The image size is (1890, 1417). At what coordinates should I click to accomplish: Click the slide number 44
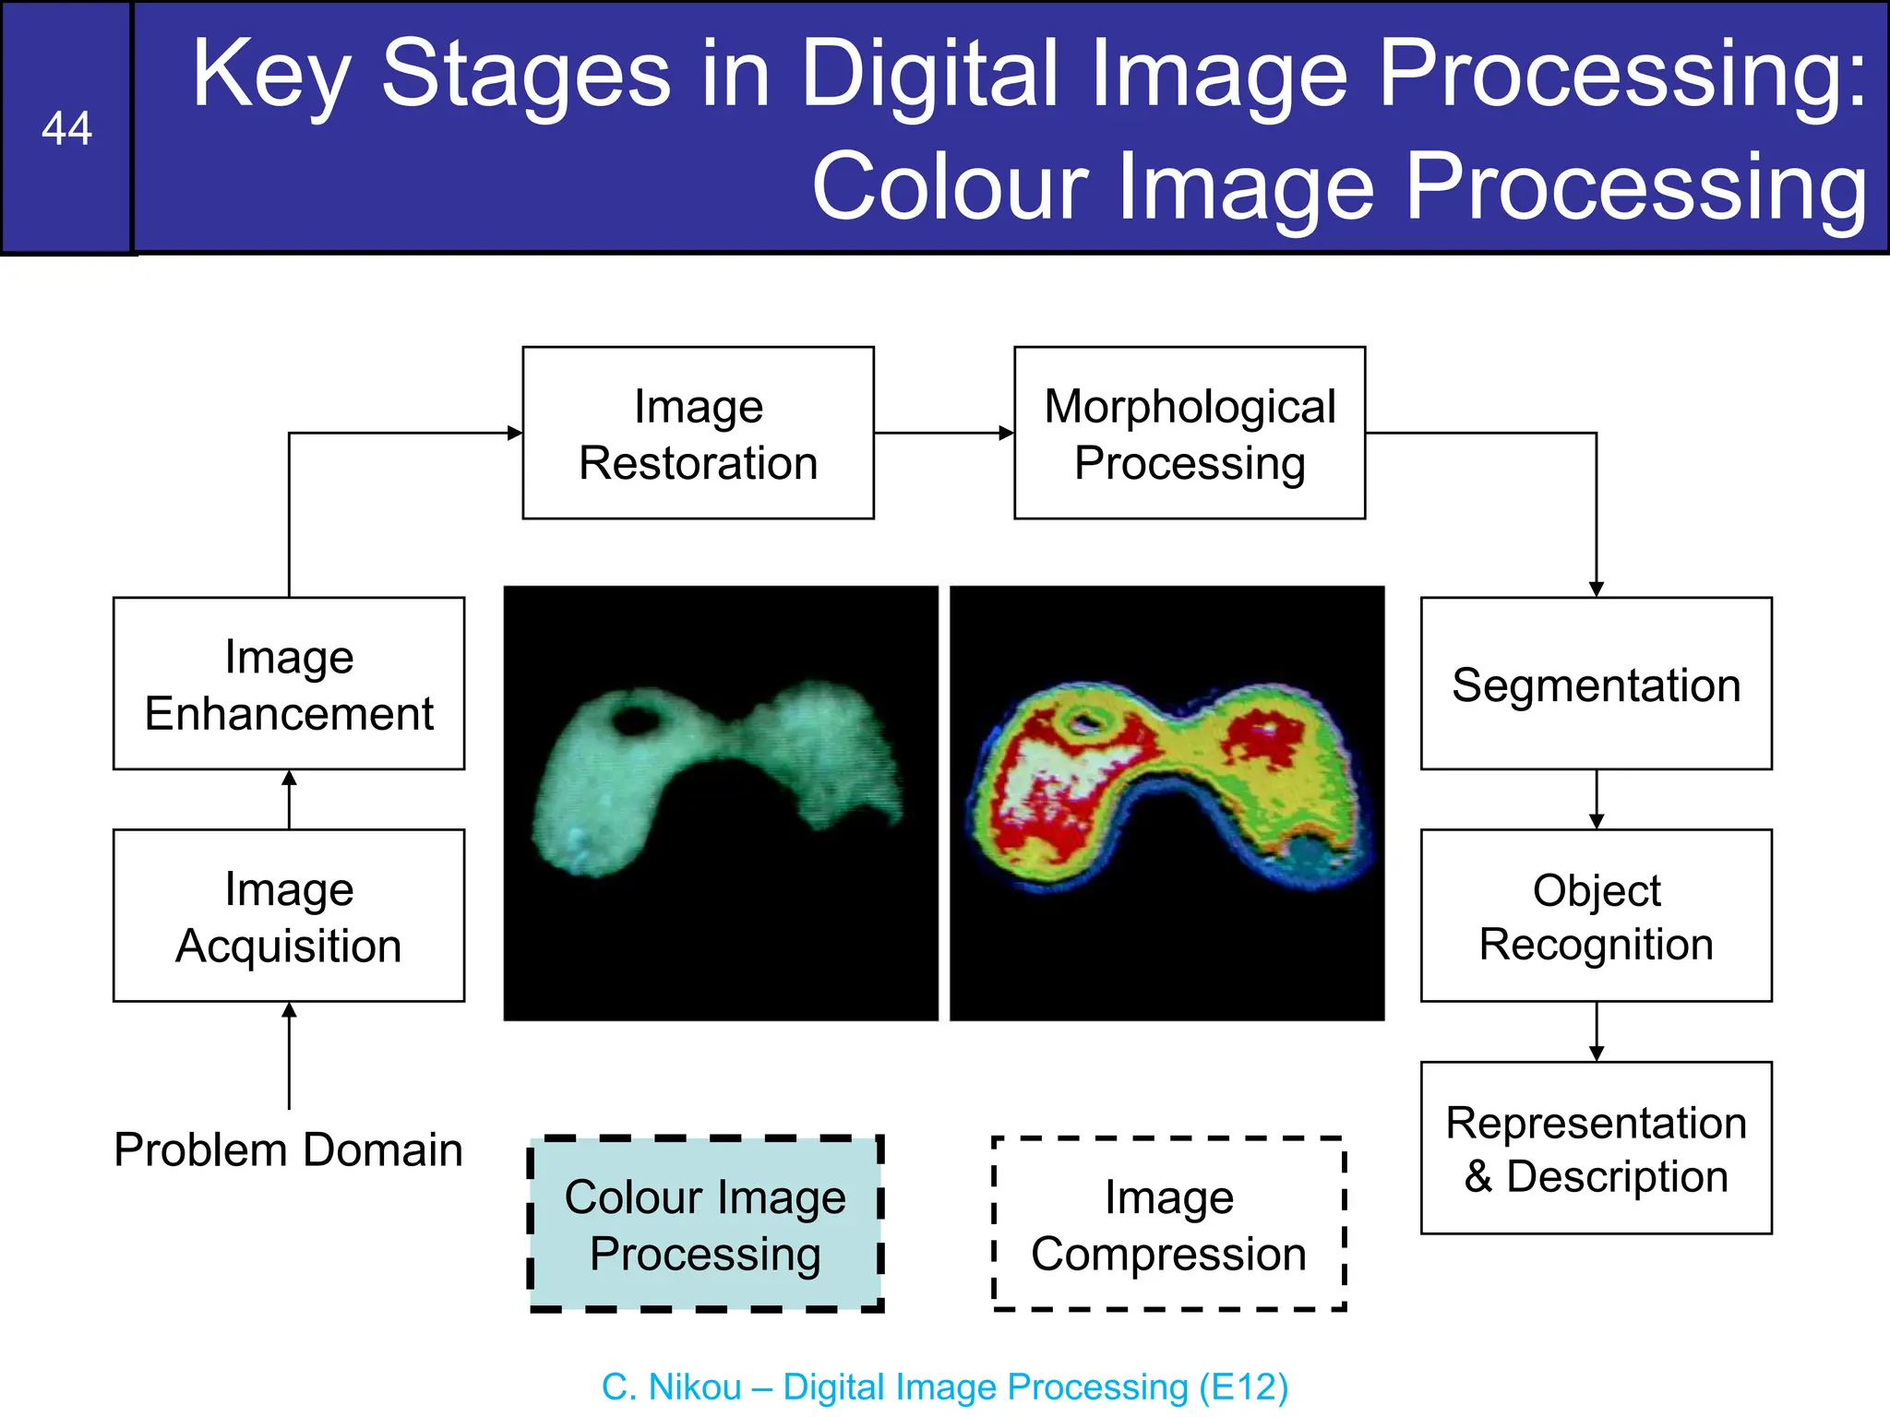tap(66, 128)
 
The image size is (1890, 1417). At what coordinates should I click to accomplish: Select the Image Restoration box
tap(698, 434)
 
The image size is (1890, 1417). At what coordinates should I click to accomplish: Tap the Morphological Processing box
tap(1189, 434)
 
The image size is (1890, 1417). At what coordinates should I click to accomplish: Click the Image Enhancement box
tap(289, 684)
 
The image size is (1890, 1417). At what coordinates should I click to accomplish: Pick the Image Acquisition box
tap(289, 915)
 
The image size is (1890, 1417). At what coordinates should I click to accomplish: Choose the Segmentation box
tap(1596, 684)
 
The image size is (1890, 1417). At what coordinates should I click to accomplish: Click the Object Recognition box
tap(1596, 915)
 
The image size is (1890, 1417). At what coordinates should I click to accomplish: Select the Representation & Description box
tap(1596, 1148)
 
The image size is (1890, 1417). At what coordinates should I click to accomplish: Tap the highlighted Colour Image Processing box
tap(706, 1223)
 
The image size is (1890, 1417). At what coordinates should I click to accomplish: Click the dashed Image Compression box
tap(1168, 1223)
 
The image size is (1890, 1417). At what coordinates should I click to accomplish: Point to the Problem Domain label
tap(288, 1149)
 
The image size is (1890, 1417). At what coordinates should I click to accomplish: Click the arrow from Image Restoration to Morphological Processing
tap(943, 433)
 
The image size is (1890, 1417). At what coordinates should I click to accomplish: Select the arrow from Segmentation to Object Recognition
tap(1597, 799)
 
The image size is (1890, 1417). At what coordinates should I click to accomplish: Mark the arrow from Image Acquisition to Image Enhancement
tap(289, 799)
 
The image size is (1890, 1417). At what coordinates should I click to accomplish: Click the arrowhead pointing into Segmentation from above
tap(1597, 589)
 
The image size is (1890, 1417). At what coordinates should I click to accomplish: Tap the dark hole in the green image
tap(635, 718)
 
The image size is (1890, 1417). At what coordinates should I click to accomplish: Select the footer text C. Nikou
tap(671, 1387)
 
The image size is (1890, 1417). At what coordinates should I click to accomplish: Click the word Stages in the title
tap(526, 74)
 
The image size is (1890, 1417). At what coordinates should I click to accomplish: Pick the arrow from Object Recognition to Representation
tap(1597, 1031)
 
